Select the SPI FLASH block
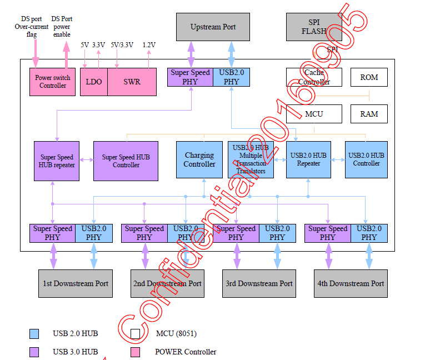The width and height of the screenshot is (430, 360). (x=314, y=27)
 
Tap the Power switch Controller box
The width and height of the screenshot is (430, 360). (x=53, y=82)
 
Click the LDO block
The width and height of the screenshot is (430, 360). (x=94, y=82)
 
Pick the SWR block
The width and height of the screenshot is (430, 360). (x=132, y=82)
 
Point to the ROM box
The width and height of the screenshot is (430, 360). (x=369, y=77)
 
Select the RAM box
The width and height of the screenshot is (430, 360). (x=369, y=114)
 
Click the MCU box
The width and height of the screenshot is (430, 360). (x=314, y=114)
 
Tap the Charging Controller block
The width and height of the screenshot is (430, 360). (x=199, y=160)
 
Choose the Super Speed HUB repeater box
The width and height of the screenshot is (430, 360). (x=57, y=161)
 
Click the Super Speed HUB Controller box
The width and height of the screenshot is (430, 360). (x=126, y=161)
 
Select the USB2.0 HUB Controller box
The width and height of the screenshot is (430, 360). (x=366, y=160)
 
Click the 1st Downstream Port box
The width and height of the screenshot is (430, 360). (x=76, y=283)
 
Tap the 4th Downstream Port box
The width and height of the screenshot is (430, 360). (x=351, y=283)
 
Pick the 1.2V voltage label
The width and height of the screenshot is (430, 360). (x=149, y=44)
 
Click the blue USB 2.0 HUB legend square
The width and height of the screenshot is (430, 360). (x=34, y=334)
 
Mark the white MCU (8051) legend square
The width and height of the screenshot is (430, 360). (x=135, y=334)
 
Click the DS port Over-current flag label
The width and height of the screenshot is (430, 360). (x=32, y=26)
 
